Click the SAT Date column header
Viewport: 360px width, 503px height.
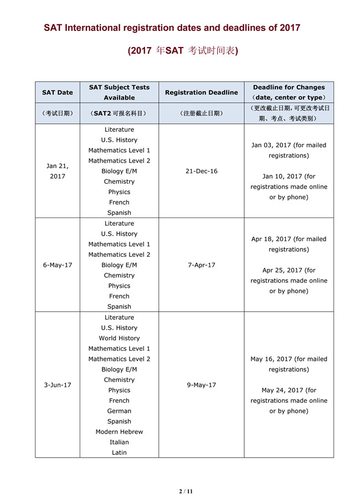58,92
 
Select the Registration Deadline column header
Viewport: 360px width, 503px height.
202,92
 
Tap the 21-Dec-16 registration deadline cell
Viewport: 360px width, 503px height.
202,171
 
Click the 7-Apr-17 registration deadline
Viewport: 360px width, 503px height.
202,265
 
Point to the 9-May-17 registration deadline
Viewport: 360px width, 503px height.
202,385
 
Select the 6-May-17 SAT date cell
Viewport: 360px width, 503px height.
58,265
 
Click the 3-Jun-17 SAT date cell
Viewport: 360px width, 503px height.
58,385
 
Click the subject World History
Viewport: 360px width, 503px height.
119,338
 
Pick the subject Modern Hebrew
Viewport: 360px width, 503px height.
119,432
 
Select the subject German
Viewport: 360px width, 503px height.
119,411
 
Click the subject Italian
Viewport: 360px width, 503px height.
119,442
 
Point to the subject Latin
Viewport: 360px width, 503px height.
119,453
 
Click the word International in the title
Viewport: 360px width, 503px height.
91,28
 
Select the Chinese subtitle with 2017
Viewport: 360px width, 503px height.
183,51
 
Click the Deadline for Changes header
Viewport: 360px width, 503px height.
289,87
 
